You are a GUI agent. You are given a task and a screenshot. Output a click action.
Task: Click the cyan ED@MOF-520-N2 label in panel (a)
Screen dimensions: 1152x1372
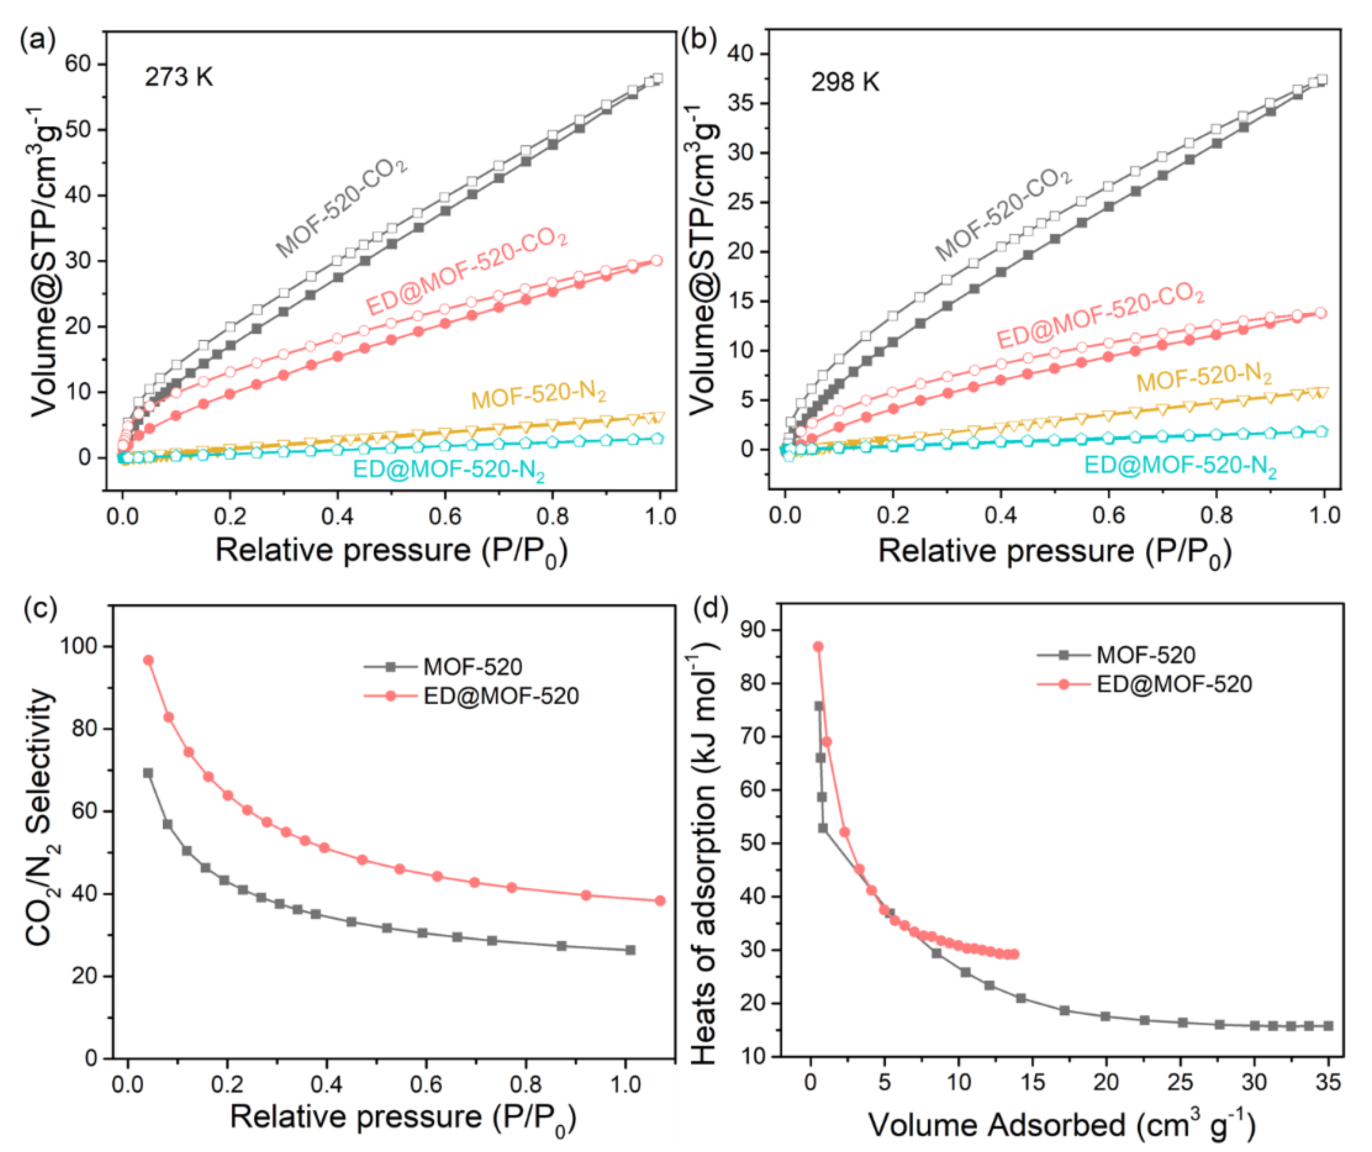point(449,471)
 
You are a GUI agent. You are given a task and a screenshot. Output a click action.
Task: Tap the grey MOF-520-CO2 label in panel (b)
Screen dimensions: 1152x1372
point(1004,216)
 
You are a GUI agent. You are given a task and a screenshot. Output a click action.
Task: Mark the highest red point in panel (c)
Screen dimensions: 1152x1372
point(148,660)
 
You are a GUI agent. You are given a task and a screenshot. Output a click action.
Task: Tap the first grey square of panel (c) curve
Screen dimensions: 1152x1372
point(148,773)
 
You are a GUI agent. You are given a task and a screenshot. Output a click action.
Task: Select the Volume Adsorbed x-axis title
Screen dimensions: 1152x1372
point(1062,1125)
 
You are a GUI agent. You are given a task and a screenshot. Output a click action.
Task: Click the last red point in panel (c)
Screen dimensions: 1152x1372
point(660,900)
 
